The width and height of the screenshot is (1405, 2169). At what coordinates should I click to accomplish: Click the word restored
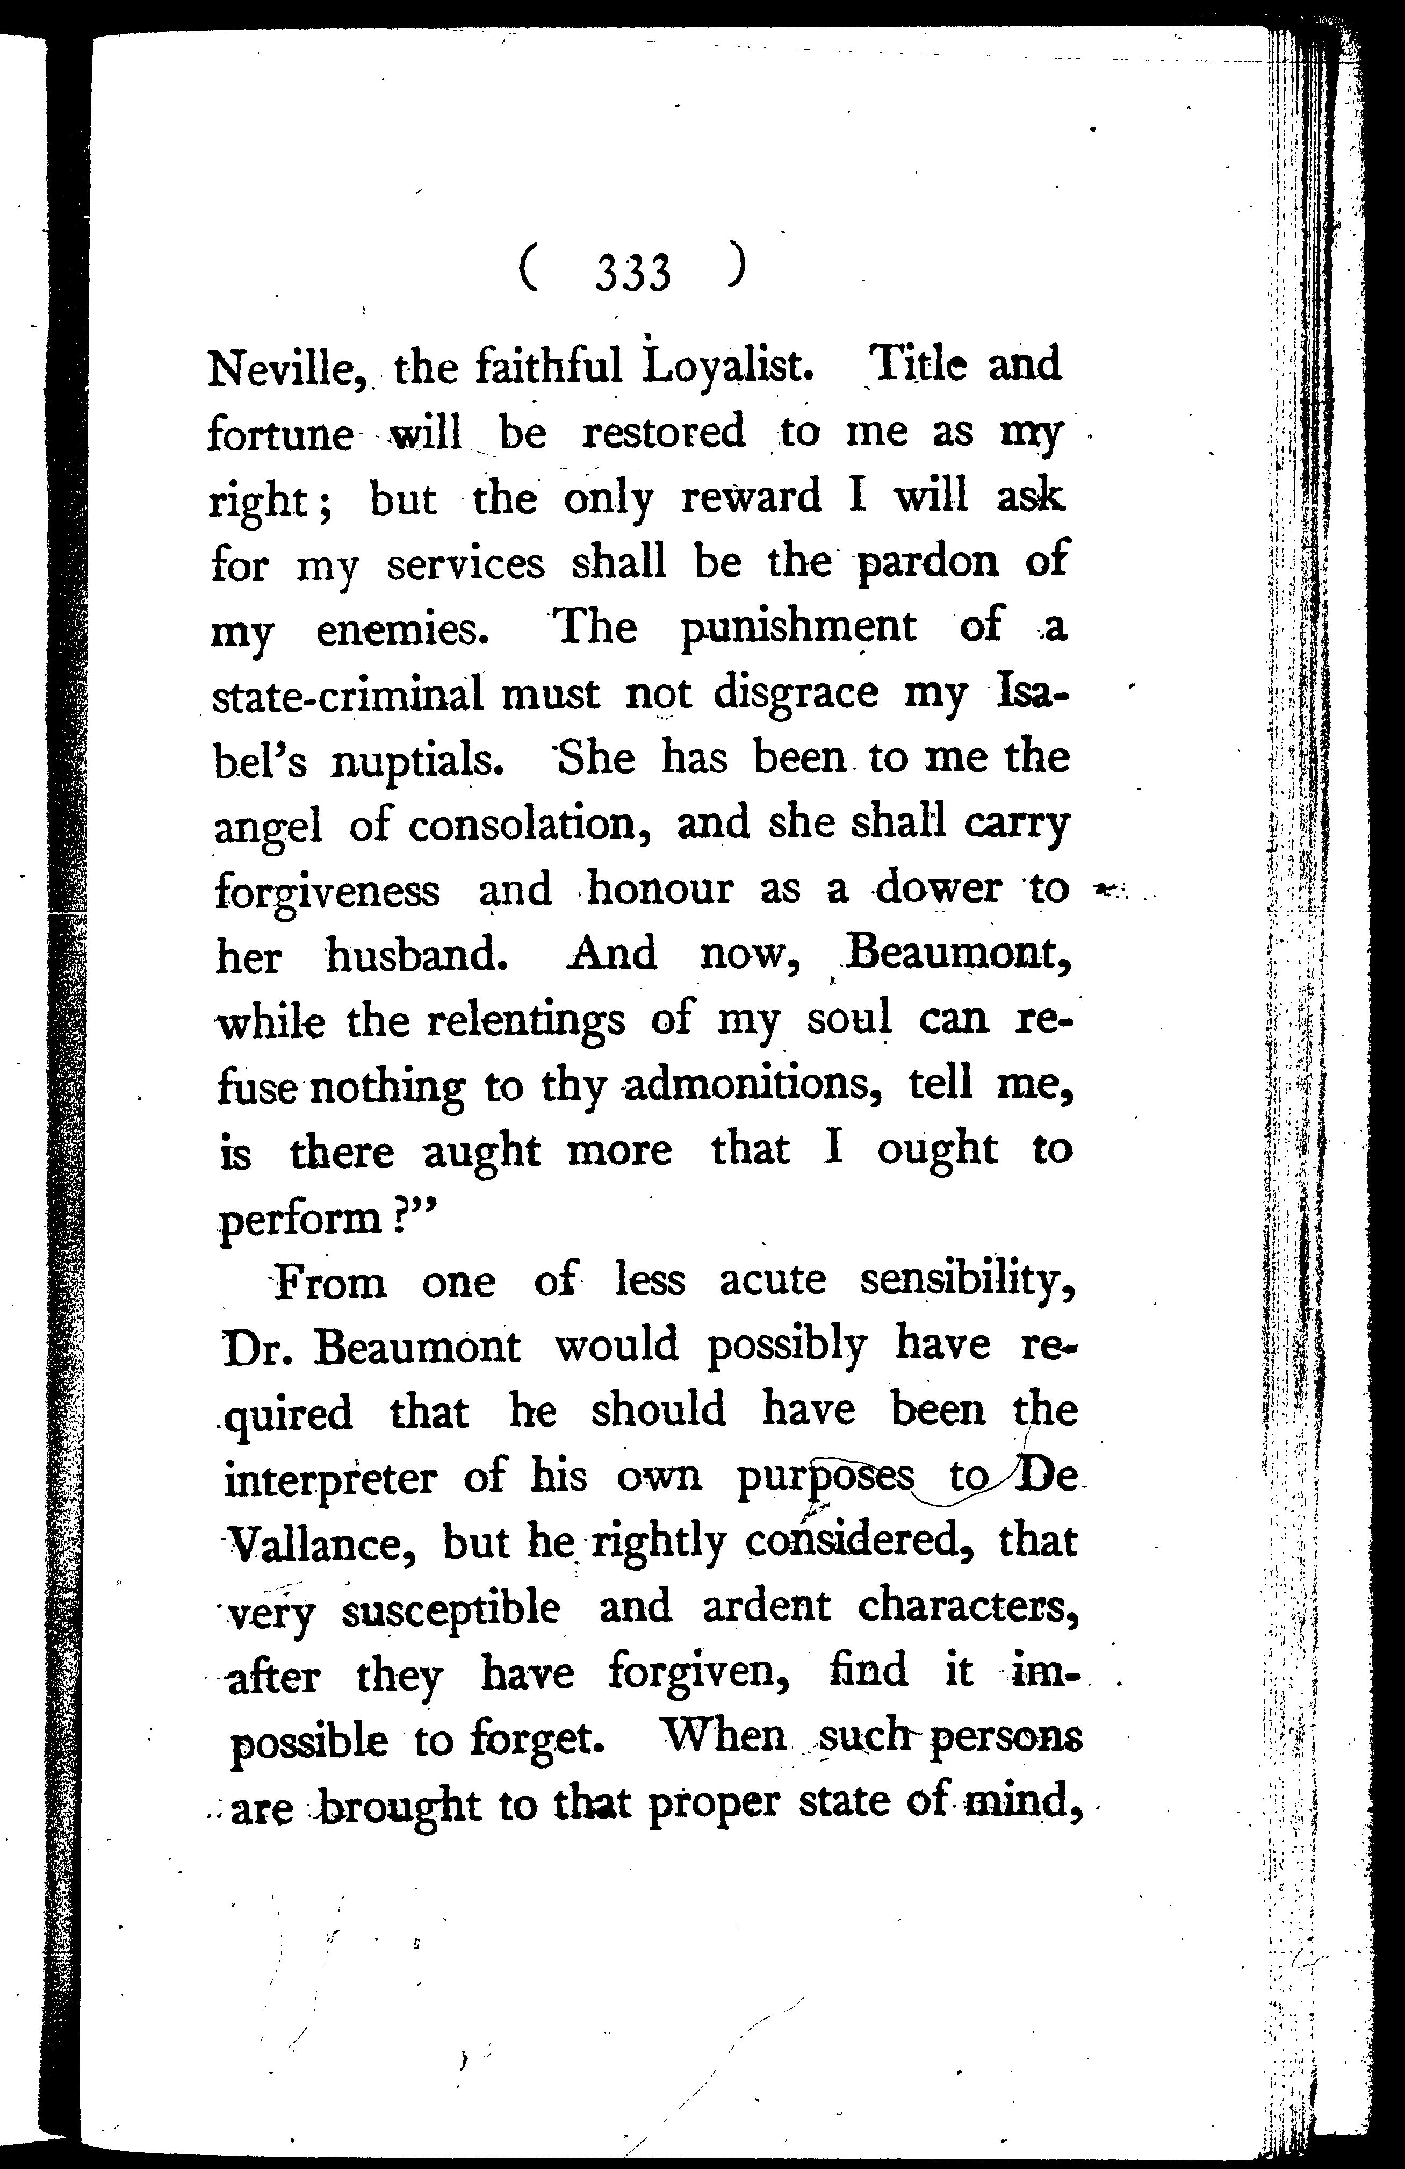(664, 432)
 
